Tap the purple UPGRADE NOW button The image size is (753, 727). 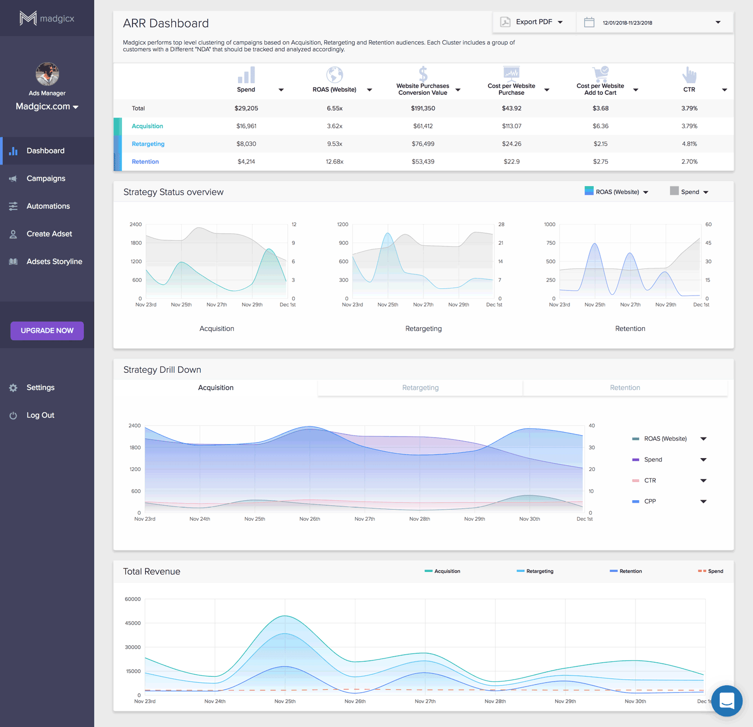(47, 331)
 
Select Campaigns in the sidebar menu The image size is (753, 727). (46, 179)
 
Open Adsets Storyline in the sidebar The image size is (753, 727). (54, 261)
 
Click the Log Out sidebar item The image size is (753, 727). (40, 415)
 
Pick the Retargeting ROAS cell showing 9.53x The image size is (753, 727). (335, 144)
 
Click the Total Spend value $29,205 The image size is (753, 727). (246, 108)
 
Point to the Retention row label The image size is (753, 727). (145, 162)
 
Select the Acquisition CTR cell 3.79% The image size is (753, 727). (689, 126)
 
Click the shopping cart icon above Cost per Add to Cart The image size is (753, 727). (600, 74)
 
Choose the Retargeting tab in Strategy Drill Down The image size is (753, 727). (420, 388)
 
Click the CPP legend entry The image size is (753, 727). (650, 501)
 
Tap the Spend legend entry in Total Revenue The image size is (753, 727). (715, 571)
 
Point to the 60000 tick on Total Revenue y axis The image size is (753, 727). (133, 599)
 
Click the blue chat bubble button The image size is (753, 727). (726, 700)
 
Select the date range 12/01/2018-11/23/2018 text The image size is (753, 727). (627, 23)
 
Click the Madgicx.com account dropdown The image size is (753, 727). (47, 106)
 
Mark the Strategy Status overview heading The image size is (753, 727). (173, 192)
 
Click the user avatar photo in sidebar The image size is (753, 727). (47, 74)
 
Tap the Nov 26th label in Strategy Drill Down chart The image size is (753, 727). (310, 519)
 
